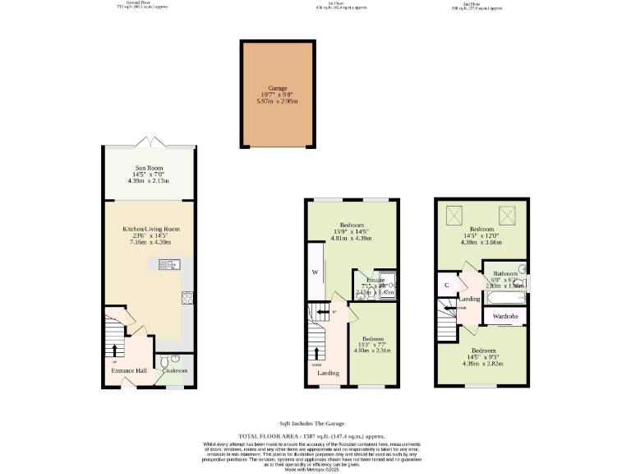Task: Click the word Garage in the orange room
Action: click(x=277, y=87)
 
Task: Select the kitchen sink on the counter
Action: click(x=171, y=264)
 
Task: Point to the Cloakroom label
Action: click(x=173, y=371)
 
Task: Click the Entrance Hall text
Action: click(x=129, y=371)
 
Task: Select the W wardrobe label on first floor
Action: click(x=314, y=272)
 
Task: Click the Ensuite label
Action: click(x=375, y=281)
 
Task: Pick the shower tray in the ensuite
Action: click(x=388, y=282)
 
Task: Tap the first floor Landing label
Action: click(x=327, y=373)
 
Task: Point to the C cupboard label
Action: click(x=446, y=286)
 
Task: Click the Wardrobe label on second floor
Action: click(x=504, y=316)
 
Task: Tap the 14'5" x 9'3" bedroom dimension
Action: click(x=482, y=356)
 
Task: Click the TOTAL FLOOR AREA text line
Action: click(x=311, y=436)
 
